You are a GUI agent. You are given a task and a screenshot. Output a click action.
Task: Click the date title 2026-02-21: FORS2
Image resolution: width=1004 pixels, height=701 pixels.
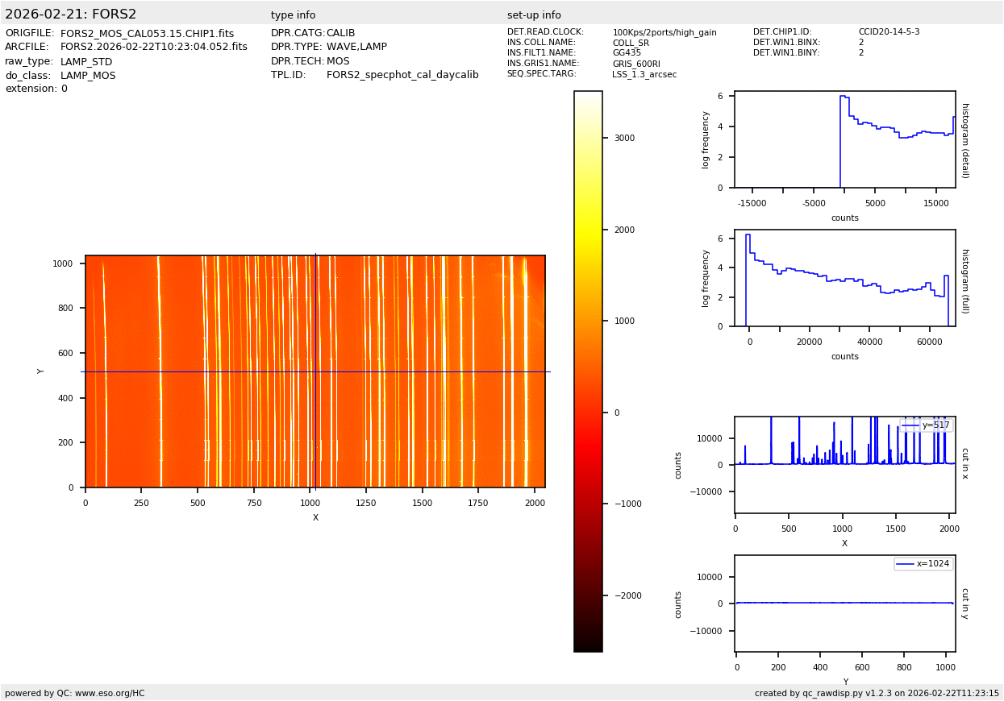(71, 15)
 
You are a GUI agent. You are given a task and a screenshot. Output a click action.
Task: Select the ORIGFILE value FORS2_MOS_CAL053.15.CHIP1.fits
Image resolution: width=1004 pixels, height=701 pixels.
(147, 34)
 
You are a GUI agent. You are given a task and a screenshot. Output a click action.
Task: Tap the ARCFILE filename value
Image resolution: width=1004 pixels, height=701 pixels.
(153, 48)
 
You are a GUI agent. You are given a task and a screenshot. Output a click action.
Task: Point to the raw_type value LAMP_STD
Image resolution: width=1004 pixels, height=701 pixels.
(86, 62)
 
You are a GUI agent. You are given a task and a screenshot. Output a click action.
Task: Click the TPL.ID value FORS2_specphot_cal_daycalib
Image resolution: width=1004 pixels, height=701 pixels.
(402, 76)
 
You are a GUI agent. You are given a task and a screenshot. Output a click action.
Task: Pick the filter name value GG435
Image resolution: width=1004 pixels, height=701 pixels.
(627, 53)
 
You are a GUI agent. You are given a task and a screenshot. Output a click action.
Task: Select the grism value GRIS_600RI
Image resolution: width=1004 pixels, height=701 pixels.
(636, 64)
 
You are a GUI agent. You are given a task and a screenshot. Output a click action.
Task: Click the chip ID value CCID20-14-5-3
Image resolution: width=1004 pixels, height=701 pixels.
(889, 32)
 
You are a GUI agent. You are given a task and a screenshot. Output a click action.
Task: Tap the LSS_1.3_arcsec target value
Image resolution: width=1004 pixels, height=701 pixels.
(644, 74)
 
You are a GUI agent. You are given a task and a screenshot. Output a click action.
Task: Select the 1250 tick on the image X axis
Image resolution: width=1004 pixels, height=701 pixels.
(366, 503)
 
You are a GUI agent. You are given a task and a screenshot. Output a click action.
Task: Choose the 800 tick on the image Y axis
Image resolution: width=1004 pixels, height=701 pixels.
(63, 308)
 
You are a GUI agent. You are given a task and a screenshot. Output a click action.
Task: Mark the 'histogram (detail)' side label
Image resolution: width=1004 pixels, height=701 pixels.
(964, 139)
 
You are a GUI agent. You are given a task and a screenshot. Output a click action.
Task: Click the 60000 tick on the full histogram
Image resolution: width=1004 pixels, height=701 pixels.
(929, 342)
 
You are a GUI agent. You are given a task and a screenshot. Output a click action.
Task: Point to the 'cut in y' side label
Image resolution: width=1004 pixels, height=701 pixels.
(964, 604)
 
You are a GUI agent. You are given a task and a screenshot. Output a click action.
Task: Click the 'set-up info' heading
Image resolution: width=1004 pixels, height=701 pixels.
(534, 15)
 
